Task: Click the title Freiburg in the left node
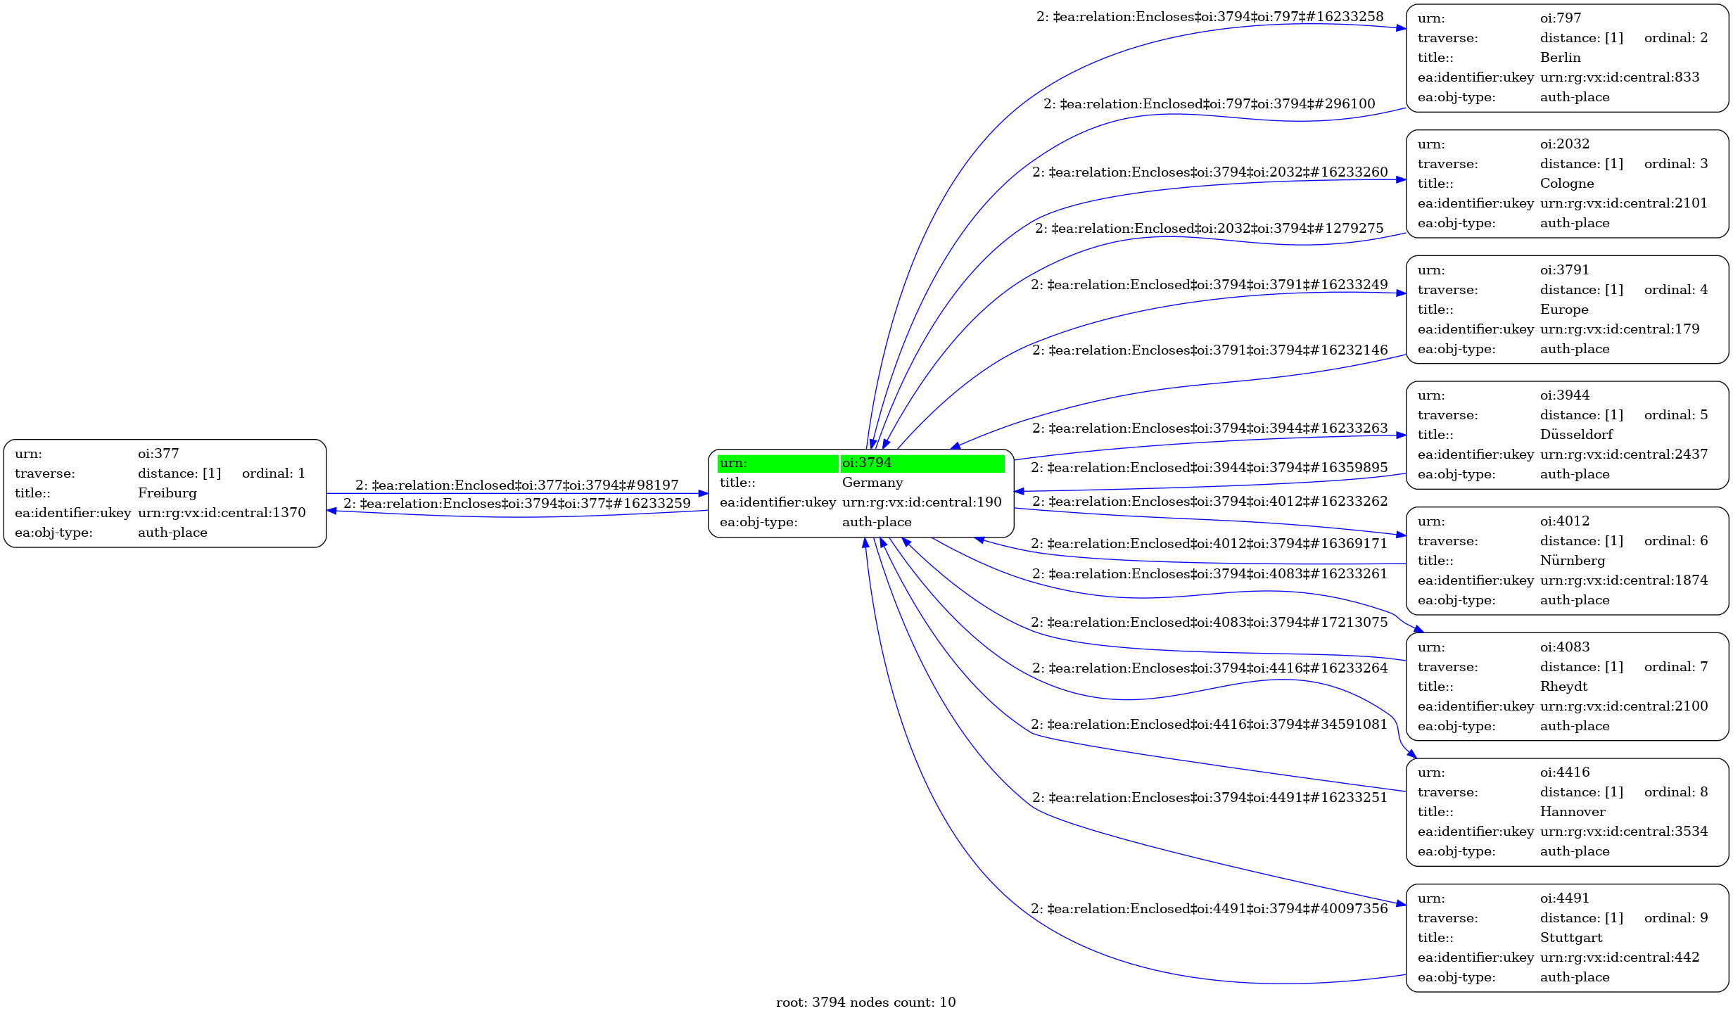167,493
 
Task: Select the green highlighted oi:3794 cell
922,463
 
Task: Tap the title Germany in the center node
872,483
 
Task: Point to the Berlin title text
1560,58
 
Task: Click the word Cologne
1567,184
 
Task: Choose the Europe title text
1563,310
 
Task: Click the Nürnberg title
1573,561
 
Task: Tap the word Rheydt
1563,687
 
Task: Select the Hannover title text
1573,812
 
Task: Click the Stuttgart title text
1571,938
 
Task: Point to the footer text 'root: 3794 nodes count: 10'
865,1003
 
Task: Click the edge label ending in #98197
516,485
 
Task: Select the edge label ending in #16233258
1210,17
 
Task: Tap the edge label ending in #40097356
1209,909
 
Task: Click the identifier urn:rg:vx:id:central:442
1619,957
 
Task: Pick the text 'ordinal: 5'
1675,415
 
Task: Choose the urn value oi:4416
1564,772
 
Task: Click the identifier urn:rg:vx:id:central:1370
222,513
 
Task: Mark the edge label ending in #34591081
1209,725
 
